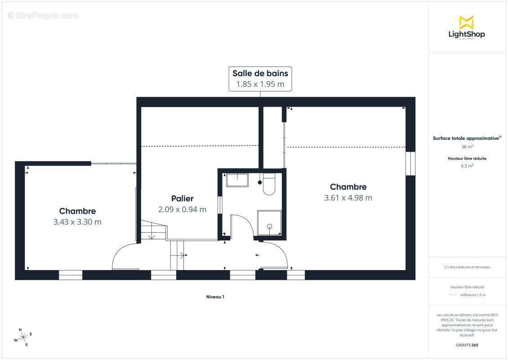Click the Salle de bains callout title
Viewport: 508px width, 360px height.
point(260,73)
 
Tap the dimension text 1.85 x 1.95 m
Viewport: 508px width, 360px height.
point(260,84)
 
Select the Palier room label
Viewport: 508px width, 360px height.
point(183,198)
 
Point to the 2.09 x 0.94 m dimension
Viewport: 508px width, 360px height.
point(183,210)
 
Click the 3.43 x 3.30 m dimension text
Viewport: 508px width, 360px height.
point(77,222)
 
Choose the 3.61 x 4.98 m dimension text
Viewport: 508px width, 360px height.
point(348,198)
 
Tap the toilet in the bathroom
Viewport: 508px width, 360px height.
point(269,184)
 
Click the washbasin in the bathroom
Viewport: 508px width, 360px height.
point(237,180)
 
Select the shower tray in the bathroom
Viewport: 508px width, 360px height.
point(269,223)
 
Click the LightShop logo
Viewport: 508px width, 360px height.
point(467,28)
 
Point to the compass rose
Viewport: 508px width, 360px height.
point(22,337)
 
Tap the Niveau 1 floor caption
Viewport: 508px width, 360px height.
point(215,297)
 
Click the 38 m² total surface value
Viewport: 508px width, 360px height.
point(467,147)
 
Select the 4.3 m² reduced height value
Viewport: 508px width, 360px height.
point(467,166)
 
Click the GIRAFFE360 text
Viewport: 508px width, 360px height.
point(467,345)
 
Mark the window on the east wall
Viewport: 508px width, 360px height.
point(410,163)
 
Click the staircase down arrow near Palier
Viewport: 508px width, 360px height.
point(152,234)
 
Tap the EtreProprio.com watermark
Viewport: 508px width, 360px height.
point(43,15)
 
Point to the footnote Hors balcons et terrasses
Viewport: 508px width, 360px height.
point(467,267)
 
